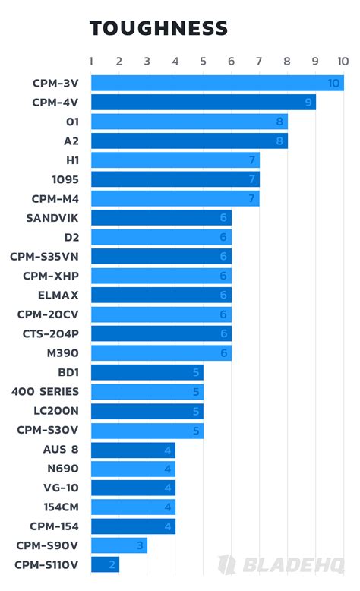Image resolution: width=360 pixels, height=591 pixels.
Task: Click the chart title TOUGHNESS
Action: tap(158, 29)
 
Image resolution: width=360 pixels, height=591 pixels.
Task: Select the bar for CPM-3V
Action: tap(216, 83)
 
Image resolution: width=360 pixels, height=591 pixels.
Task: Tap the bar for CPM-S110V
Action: tap(105, 564)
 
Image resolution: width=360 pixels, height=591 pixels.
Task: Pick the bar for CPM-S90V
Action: tap(118, 545)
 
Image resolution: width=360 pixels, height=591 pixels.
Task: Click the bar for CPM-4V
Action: tap(203, 102)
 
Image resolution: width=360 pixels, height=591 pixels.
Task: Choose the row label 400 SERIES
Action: tap(45, 391)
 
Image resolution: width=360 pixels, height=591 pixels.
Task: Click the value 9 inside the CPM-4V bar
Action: tap(308, 102)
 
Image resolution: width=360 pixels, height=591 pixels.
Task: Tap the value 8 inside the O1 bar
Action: tap(280, 122)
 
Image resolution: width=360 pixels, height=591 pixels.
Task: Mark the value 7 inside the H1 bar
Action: tap(252, 160)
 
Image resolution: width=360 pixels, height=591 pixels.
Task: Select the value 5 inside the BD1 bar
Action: tap(196, 372)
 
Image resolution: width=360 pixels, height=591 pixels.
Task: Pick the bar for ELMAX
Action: tap(161, 295)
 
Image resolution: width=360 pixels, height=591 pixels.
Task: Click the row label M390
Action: tap(62, 352)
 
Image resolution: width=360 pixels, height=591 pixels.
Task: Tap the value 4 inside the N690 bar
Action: tap(168, 469)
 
